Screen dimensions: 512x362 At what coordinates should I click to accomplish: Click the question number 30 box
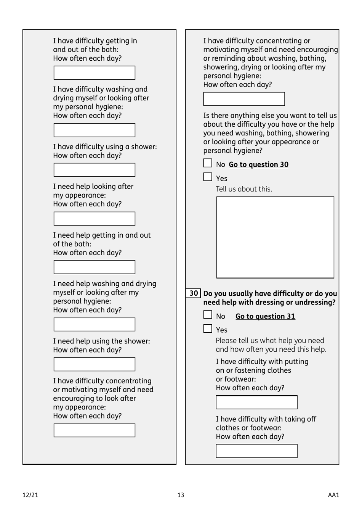coord(194,293)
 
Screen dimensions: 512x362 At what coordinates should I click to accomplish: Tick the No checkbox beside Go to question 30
coord(208,163)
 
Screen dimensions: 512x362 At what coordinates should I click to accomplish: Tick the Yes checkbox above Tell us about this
coord(208,177)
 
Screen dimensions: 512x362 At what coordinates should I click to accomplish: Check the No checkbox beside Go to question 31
coord(208,315)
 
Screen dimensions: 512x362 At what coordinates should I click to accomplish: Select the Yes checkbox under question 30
coord(208,328)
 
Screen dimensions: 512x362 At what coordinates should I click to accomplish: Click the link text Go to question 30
coord(258,164)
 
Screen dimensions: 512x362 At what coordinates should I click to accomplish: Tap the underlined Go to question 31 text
coord(265,316)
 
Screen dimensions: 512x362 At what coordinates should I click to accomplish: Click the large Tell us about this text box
coord(275,237)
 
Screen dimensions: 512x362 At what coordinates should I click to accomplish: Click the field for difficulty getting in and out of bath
coord(95,73)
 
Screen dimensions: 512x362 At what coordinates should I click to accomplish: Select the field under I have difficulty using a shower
coord(95,170)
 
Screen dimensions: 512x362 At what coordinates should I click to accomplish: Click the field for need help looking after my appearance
coord(95,219)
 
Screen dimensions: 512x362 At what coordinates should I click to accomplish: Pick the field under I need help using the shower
coord(95,364)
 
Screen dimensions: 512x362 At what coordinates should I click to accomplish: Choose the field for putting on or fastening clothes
coord(256,403)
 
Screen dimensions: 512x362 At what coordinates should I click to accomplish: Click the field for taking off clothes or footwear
coord(256,451)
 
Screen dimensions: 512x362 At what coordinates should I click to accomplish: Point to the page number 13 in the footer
coord(181,495)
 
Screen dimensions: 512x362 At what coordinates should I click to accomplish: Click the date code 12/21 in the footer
coord(30,495)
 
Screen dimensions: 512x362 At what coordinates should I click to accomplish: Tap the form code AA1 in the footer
coord(333,495)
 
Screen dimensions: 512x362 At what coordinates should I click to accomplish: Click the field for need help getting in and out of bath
coord(95,267)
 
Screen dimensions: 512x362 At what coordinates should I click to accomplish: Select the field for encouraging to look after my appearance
coord(95,430)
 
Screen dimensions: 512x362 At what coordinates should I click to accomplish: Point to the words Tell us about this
coord(244,189)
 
